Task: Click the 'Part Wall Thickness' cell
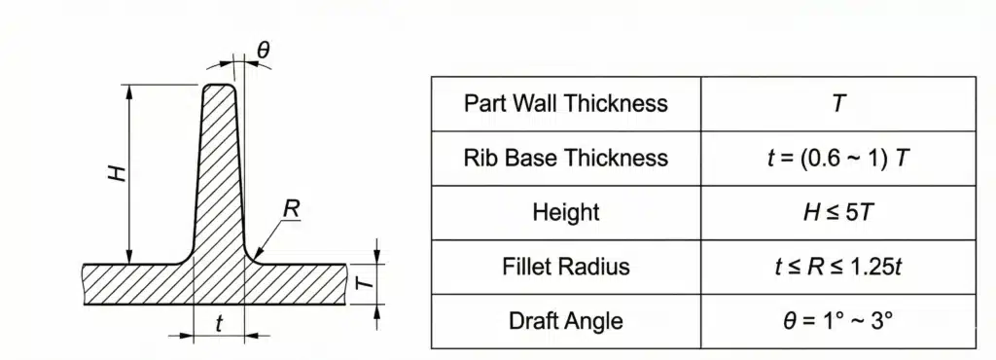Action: (565, 103)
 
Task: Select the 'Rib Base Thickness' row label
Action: (565, 158)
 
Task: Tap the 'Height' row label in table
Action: (565, 212)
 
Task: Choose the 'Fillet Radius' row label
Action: (565, 267)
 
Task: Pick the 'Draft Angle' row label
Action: (565, 320)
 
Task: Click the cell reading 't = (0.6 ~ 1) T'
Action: (837, 158)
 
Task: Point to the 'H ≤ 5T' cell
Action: (837, 212)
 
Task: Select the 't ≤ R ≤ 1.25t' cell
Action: (837, 267)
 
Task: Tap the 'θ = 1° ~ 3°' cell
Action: (837, 320)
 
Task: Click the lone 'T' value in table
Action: (837, 103)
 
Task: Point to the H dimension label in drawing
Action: (117, 174)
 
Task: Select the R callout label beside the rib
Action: (290, 208)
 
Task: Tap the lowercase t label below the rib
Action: (219, 325)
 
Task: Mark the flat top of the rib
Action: (220, 86)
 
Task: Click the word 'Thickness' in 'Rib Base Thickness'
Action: (618, 158)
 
